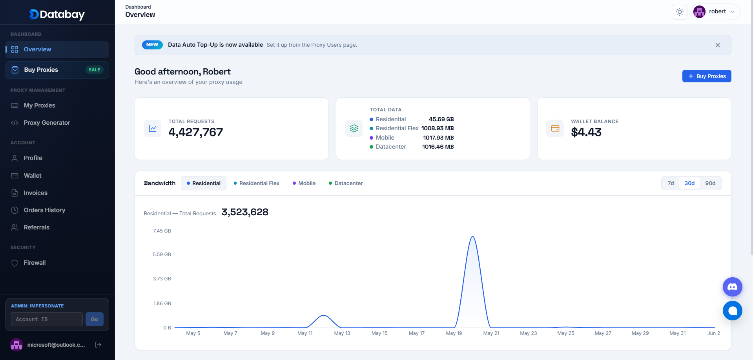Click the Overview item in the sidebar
(x=57, y=49)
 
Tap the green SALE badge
(x=94, y=70)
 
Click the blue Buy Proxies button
(x=707, y=76)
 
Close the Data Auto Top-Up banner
(x=718, y=45)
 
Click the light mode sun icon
(x=680, y=12)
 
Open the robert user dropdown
(x=716, y=12)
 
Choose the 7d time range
(x=671, y=183)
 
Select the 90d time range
(x=710, y=183)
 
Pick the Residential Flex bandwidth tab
(x=257, y=183)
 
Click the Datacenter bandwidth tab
(x=346, y=183)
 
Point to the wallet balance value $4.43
(x=586, y=132)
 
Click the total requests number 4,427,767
(x=196, y=132)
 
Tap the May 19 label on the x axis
(x=454, y=333)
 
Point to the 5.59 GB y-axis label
(x=162, y=255)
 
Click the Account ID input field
(x=47, y=319)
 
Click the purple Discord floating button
(x=733, y=287)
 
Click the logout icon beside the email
(x=98, y=345)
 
